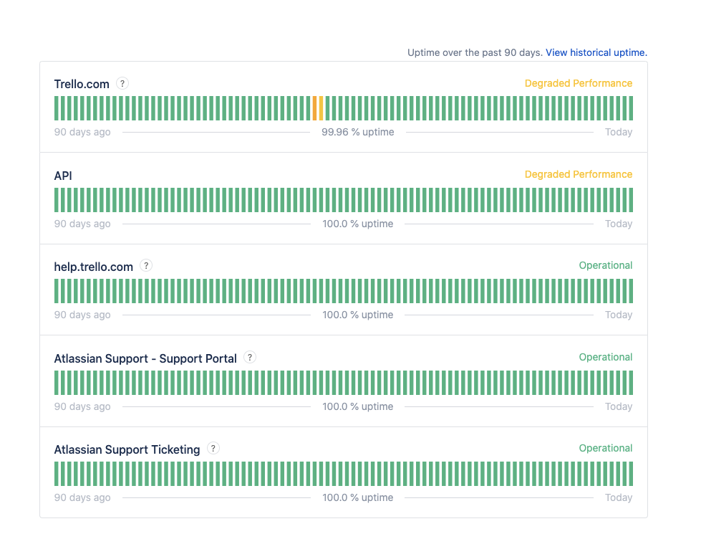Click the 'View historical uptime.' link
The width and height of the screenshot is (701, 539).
[596, 52]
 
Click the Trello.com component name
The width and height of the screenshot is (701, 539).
[82, 84]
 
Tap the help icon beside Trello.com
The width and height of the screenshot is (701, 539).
[122, 83]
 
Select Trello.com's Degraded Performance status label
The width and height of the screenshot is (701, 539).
[579, 83]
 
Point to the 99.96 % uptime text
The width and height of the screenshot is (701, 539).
[358, 132]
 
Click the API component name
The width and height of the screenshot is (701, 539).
[63, 176]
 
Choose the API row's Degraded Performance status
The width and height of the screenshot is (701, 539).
[579, 174]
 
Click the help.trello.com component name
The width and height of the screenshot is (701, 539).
[94, 267]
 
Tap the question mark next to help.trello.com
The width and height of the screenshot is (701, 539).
[146, 265]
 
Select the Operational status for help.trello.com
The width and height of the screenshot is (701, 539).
[606, 265]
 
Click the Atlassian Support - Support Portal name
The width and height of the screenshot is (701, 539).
[145, 358]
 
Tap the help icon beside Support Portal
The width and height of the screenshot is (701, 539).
[250, 357]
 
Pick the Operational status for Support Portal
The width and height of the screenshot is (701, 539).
[606, 357]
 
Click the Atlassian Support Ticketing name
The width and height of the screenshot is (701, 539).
[127, 449]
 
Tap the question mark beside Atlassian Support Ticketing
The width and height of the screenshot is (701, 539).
[213, 448]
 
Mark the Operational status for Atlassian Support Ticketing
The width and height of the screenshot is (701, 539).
[606, 448]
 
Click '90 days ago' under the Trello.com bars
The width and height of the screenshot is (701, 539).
[82, 132]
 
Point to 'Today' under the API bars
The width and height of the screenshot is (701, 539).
[619, 224]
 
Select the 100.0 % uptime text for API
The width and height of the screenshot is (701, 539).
[358, 224]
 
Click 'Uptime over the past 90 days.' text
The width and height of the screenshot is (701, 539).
[475, 52]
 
